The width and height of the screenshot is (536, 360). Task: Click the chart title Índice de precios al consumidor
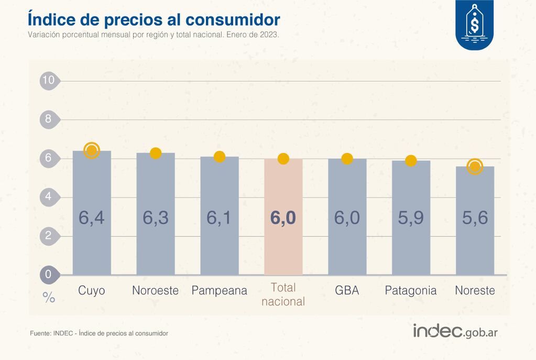coord(154,19)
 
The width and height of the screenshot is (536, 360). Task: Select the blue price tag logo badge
coord(474,24)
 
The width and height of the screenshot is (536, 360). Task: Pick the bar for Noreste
coord(475,220)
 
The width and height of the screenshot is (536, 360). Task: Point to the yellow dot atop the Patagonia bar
coord(411,161)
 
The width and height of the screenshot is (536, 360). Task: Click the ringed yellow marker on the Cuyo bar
coord(92,150)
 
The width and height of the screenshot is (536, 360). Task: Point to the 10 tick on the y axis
coord(49,80)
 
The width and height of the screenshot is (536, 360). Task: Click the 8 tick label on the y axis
coord(49,119)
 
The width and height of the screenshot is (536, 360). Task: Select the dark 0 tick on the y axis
coord(49,274)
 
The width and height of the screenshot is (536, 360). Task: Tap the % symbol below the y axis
coord(49,298)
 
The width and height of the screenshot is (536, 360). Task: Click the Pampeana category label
coord(219,290)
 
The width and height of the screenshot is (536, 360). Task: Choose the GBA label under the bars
coord(347,290)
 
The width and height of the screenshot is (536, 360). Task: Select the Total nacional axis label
coord(283,294)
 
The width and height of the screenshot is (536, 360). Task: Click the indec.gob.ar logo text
coord(455,332)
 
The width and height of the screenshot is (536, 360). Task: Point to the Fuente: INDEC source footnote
coord(99,333)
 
